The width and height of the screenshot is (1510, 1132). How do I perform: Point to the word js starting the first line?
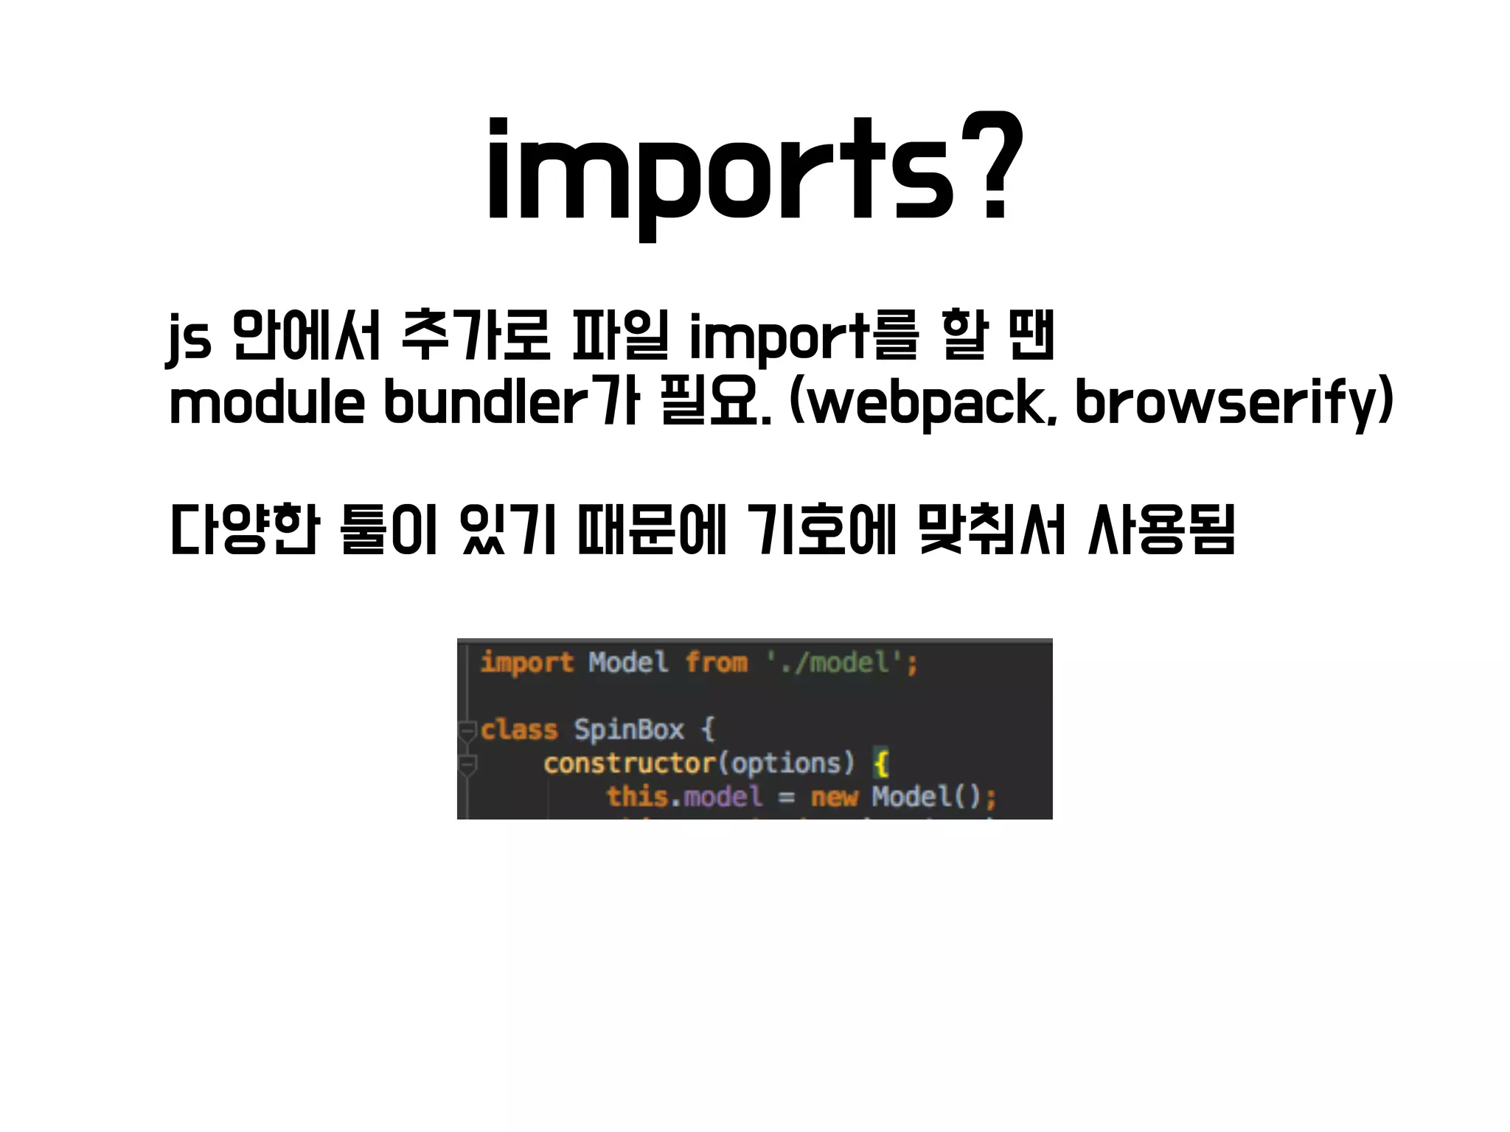pyautogui.click(x=189, y=338)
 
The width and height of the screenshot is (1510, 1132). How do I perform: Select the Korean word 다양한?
pyautogui.click(x=245, y=529)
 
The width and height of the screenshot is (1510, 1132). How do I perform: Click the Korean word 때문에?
pyautogui.click(x=653, y=529)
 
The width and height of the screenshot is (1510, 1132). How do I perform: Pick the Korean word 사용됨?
pyautogui.click(x=1161, y=529)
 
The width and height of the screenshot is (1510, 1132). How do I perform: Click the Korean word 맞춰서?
pyautogui.click(x=992, y=529)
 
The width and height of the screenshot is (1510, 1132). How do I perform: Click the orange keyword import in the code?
pyautogui.click(x=526, y=663)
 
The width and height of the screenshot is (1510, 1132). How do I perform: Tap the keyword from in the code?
pyautogui.click(x=716, y=663)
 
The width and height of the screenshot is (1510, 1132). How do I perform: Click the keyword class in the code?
pyautogui.click(x=519, y=730)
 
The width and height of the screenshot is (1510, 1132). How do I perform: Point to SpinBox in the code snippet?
pyautogui.click(x=629, y=730)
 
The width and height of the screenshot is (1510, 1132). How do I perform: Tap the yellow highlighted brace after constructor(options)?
pyautogui.click(x=881, y=763)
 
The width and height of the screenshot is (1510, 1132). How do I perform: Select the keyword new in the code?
pyautogui.click(x=834, y=797)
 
